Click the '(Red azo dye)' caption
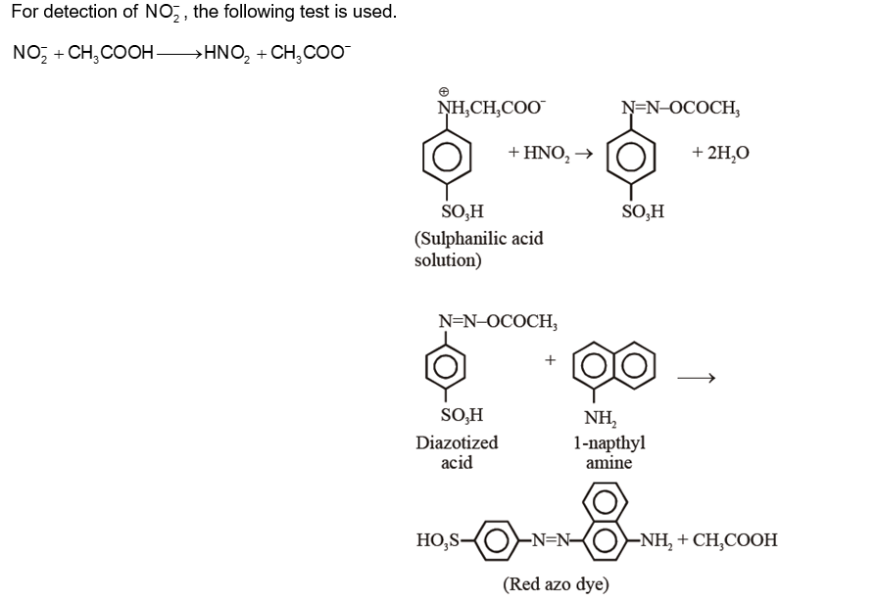pyautogui.click(x=556, y=584)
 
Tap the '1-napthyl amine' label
pyautogui.click(x=608, y=452)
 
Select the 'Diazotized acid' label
pyautogui.click(x=457, y=452)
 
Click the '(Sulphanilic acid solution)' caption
pyautogui.click(x=477, y=249)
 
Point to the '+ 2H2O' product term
pyautogui.click(x=720, y=153)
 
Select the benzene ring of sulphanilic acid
pyautogui.click(x=447, y=158)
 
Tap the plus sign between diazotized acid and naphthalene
pyautogui.click(x=550, y=361)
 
